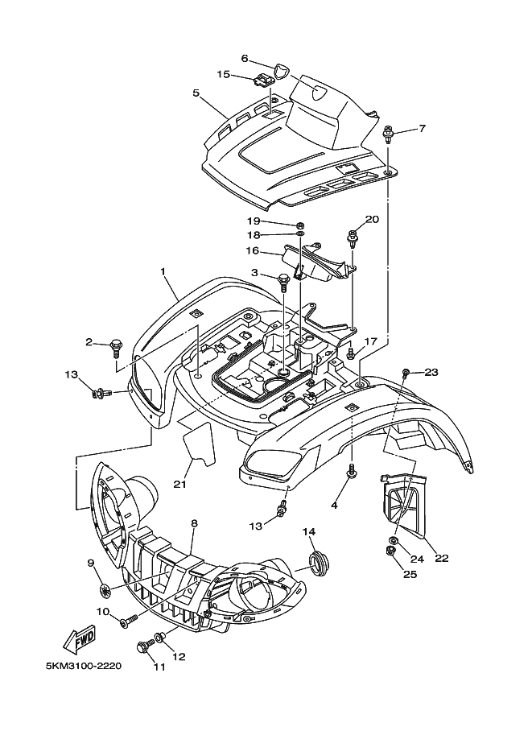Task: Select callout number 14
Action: point(309,531)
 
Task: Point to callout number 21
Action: point(179,484)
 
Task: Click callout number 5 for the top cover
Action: point(196,93)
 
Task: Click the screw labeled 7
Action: point(389,134)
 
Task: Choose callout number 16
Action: point(252,251)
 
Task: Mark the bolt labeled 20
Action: point(353,237)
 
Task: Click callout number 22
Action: point(442,557)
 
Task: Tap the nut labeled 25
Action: point(390,551)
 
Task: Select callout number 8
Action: point(194,522)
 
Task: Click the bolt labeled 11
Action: point(145,646)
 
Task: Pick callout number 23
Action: point(431,371)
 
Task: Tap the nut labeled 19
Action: point(300,224)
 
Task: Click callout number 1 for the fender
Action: point(163,272)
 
